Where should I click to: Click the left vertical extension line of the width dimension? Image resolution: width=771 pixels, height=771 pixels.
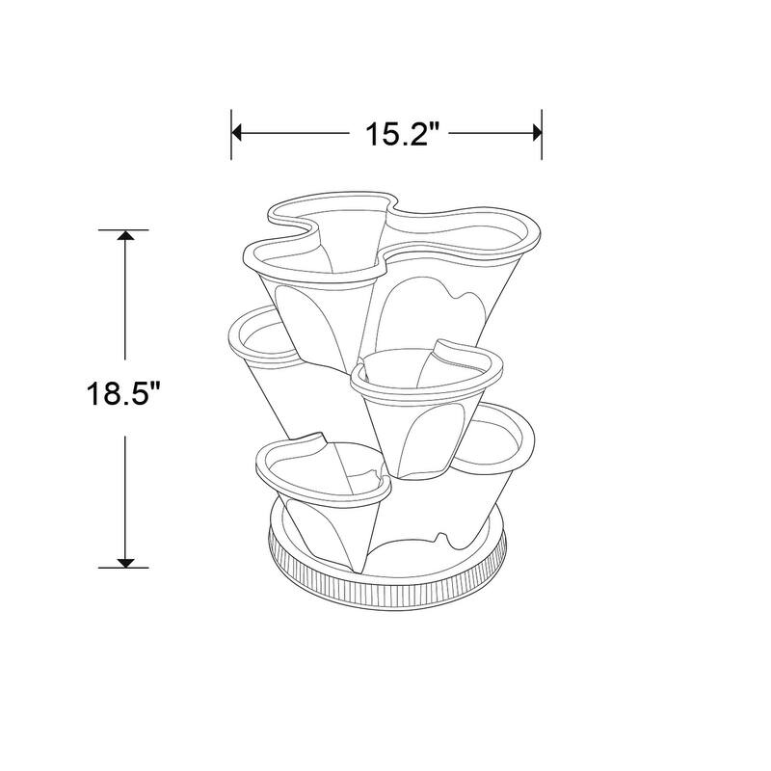pyautogui.click(x=231, y=135)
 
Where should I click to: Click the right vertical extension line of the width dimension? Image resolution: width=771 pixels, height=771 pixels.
pyautogui.click(x=544, y=135)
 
